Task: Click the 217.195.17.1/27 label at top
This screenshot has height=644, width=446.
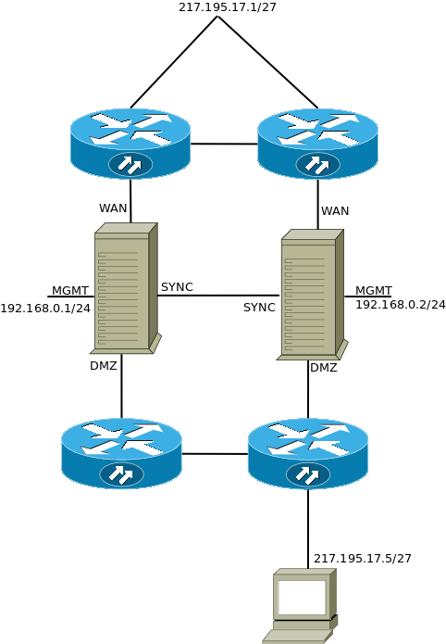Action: pos(228,6)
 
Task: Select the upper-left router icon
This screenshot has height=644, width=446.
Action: pos(130,143)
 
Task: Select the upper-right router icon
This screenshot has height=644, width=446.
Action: pos(317,143)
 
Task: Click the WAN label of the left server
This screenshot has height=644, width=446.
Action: pos(113,208)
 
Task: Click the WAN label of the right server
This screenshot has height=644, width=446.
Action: pos(335,211)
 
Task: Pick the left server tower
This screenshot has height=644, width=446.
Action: pos(124,289)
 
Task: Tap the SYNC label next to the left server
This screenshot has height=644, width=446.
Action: pos(177,287)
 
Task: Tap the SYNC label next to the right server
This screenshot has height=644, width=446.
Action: pos(259,308)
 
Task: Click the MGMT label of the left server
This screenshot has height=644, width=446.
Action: pos(70,291)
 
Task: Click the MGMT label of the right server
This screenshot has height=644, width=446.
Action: pos(374,290)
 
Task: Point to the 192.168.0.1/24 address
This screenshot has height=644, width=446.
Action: pos(45,309)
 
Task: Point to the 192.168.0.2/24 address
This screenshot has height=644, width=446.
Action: pos(401,305)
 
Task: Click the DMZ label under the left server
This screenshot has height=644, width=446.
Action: pos(104,366)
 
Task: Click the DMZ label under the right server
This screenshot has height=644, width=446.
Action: pos(324,368)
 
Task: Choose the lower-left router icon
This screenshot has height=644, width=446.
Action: pos(121,452)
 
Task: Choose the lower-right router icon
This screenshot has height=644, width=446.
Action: pos(308,452)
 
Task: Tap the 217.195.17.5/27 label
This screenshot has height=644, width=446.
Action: pos(363,559)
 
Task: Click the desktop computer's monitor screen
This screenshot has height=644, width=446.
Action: pos(302,598)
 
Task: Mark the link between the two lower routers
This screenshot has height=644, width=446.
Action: pos(215,454)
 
